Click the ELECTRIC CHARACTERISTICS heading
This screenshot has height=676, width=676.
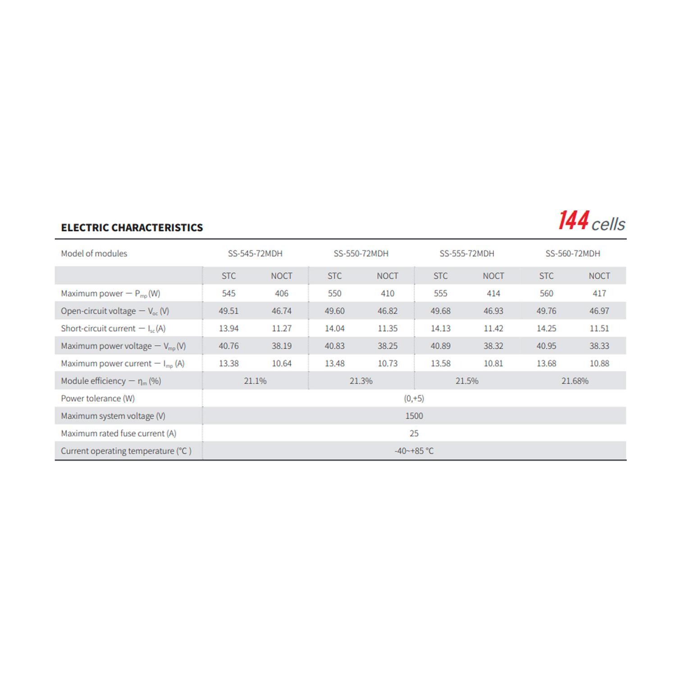[132, 228]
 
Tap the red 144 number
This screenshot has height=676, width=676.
[574, 221]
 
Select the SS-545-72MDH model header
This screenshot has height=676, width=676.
[255, 254]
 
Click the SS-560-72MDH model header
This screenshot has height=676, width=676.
[573, 254]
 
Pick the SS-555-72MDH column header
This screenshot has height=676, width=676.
[467, 254]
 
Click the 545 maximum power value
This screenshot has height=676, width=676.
[228, 293]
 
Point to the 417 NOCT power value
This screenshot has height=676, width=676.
[599, 293]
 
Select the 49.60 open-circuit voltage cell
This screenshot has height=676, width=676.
[334, 311]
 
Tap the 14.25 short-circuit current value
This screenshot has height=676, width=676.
[546, 329]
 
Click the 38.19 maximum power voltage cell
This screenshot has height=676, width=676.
[282, 346]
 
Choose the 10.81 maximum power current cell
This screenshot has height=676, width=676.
[493, 363]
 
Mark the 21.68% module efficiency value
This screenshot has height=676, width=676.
[575, 381]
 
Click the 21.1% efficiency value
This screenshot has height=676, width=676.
[255, 381]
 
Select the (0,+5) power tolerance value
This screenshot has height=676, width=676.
[414, 398]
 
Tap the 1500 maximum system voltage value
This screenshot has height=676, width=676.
[414, 416]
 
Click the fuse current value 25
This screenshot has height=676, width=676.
[414, 434]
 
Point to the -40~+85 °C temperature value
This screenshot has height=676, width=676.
[414, 451]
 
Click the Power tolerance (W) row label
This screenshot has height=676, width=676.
[98, 398]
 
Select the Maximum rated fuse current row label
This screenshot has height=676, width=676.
[119, 434]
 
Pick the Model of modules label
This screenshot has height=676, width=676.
[94, 254]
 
